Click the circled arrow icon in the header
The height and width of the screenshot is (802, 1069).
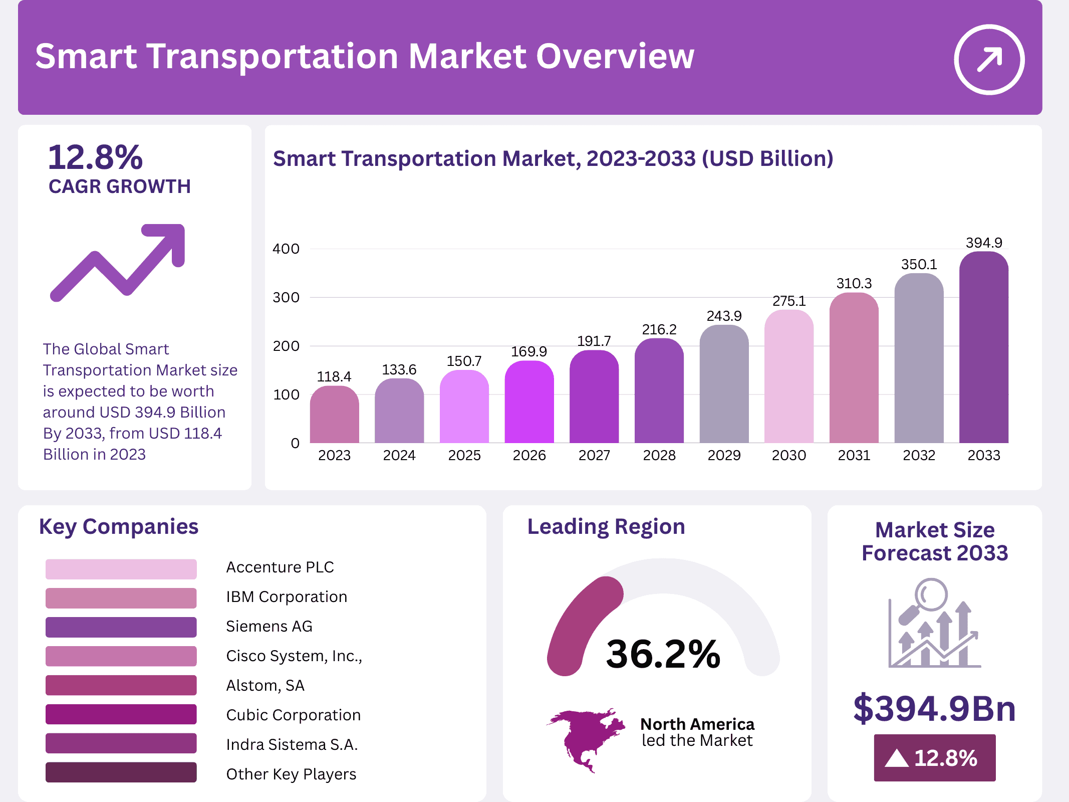coord(989,59)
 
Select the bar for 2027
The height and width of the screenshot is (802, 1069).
coord(594,397)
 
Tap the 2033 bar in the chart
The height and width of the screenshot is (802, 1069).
coord(983,347)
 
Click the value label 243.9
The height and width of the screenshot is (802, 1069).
coord(724,316)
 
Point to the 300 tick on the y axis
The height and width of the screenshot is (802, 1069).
coord(286,298)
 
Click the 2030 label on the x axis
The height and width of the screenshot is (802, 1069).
coord(789,455)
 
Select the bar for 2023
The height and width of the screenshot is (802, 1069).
coord(334,415)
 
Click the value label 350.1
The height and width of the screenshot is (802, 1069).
coord(919,265)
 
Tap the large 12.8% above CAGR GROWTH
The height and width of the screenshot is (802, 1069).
coord(95,157)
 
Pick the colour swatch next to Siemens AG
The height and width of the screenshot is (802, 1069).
coord(121,627)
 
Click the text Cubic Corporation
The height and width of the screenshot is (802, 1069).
coord(293,715)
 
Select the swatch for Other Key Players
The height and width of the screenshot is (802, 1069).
coord(121,772)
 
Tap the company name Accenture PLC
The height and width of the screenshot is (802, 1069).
coord(280,567)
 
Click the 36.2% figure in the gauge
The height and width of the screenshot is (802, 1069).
coord(663,654)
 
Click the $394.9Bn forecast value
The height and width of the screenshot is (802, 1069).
coord(934,708)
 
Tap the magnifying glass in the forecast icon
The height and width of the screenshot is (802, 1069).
coord(931,595)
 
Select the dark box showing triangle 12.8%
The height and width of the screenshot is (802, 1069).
coord(934,757)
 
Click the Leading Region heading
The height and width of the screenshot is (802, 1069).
coord(606,527)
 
